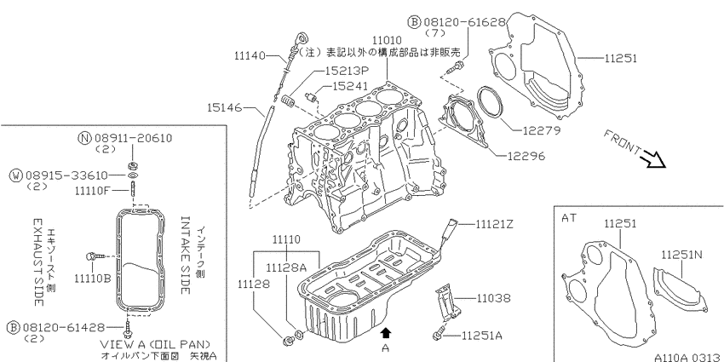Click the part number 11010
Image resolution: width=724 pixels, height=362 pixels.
click(387, 40)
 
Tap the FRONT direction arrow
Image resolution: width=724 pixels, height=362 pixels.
click(654, 160)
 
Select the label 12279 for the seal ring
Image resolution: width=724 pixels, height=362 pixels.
click(542, 130)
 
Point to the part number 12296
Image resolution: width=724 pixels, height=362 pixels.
click(526, 156)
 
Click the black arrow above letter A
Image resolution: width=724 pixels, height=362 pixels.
click(386, 332)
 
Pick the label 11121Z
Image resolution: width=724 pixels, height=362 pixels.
click(494, 224)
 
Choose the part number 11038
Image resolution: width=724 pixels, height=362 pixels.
click(494, 298)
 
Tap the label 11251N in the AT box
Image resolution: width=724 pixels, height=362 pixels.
click(681, 255)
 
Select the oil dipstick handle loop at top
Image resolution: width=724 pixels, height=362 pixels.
click(301, 37)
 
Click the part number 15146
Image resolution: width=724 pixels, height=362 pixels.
click(224, 107)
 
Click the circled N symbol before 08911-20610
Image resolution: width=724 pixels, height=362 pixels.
click(84, 138)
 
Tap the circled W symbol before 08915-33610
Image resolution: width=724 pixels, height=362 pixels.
click(16, 175)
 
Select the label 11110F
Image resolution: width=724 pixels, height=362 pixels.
click(92, 190)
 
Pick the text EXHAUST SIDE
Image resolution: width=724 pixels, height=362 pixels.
click(38, 262)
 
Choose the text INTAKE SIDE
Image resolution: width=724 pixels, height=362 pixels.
click(185, 255)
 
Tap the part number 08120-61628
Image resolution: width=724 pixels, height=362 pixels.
click(465, 21)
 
